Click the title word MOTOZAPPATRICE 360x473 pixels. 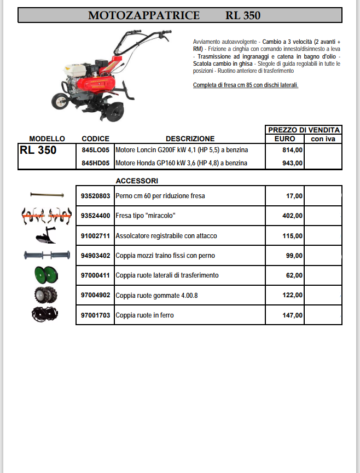pos(144,15)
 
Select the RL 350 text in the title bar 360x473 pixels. pos(242,15)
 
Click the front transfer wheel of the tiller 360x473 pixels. pos(59,101)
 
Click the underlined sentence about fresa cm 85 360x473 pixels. pos(246,85)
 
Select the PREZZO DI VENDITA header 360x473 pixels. pos(304,130)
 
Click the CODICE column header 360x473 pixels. pos(95,139)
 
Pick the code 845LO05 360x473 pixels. pos(95,149)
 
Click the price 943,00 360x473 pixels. pos(292,163)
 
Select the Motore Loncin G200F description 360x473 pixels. pos(182,149)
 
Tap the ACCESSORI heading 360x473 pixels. pos(137,181)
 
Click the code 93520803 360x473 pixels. pos(95,195)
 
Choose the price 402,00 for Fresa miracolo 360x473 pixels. pos(292,216)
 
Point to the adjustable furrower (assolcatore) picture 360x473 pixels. pos(45,236)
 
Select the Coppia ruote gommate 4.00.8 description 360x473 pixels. pos(156,295)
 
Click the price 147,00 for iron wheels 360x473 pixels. pos(292,315)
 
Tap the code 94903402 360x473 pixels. pos(95,256)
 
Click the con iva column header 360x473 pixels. pos(323,139)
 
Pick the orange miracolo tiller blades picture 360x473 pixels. pos(46,215)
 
